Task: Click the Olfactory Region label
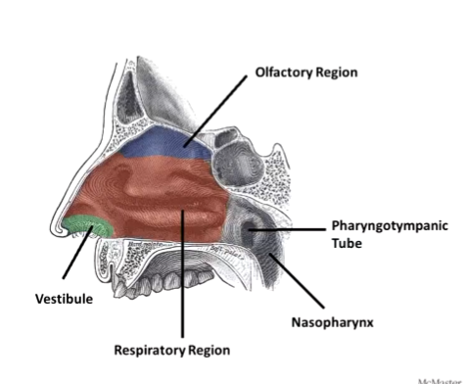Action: (x=306, y=72)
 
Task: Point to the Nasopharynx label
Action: (x=322, y=320)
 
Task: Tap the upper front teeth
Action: (x=125, y=285)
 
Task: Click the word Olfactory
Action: (x=282, y=72)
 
